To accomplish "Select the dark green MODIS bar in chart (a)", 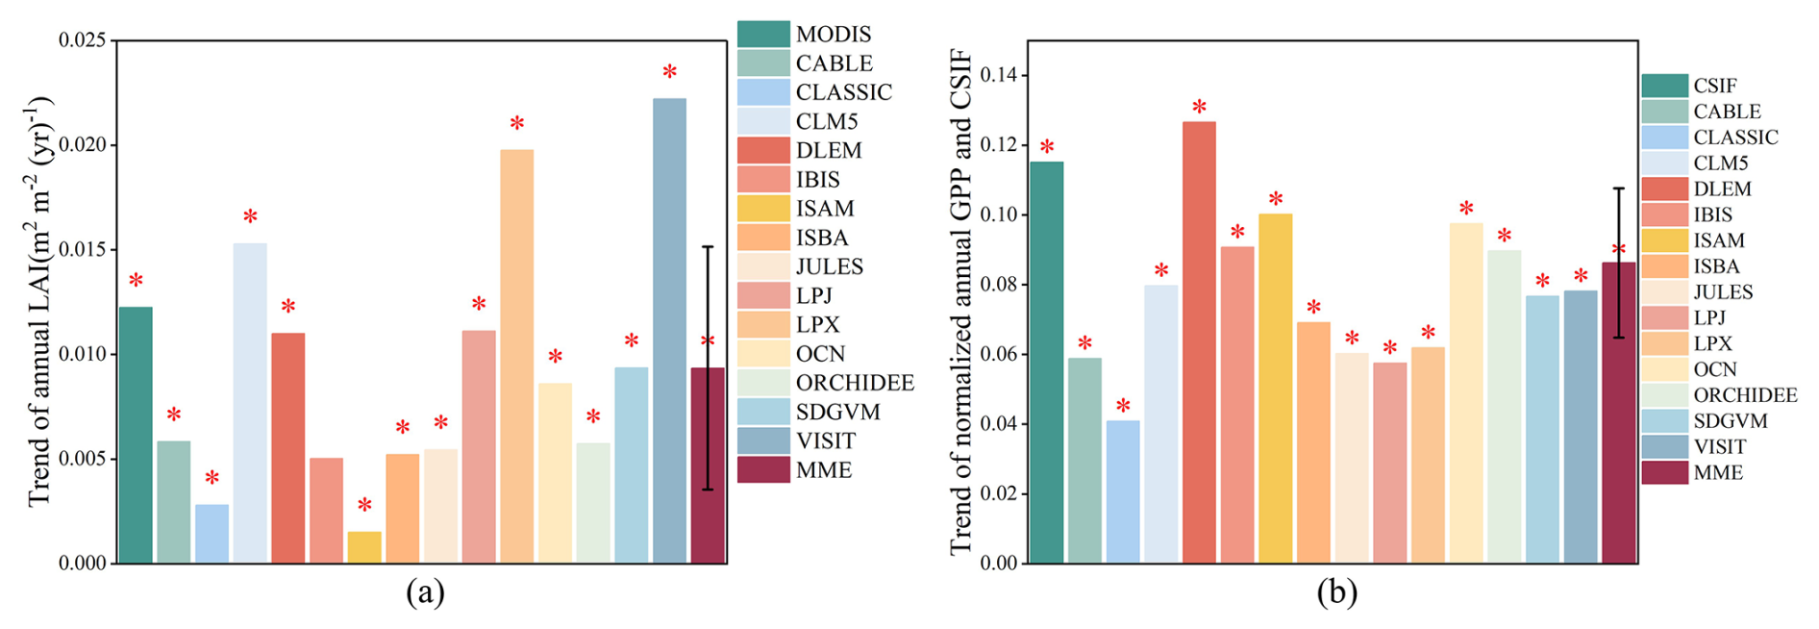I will tap(136, 435).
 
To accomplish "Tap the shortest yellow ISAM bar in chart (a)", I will tap(364, 547).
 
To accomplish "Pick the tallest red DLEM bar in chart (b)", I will tap(1199, 341).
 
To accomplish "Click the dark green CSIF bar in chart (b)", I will tap(1046, 362).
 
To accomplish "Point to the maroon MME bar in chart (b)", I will tap(1618, 413).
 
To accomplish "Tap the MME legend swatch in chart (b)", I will tap(1664, 472).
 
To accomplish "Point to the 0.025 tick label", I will tap(82, 40).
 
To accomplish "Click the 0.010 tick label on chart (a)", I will tap(82, 354).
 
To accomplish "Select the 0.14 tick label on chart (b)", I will tap(999, 75).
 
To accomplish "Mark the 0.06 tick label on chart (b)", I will tap(999, 354).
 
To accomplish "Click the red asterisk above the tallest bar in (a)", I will tap(669, 72).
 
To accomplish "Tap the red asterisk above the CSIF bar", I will tap(1046, 147).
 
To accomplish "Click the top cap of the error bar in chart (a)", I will tap(708, 247).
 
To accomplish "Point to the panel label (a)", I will tap(425, 592).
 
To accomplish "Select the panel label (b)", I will tap(1337, 592).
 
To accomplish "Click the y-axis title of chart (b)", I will tap(961, 303).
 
